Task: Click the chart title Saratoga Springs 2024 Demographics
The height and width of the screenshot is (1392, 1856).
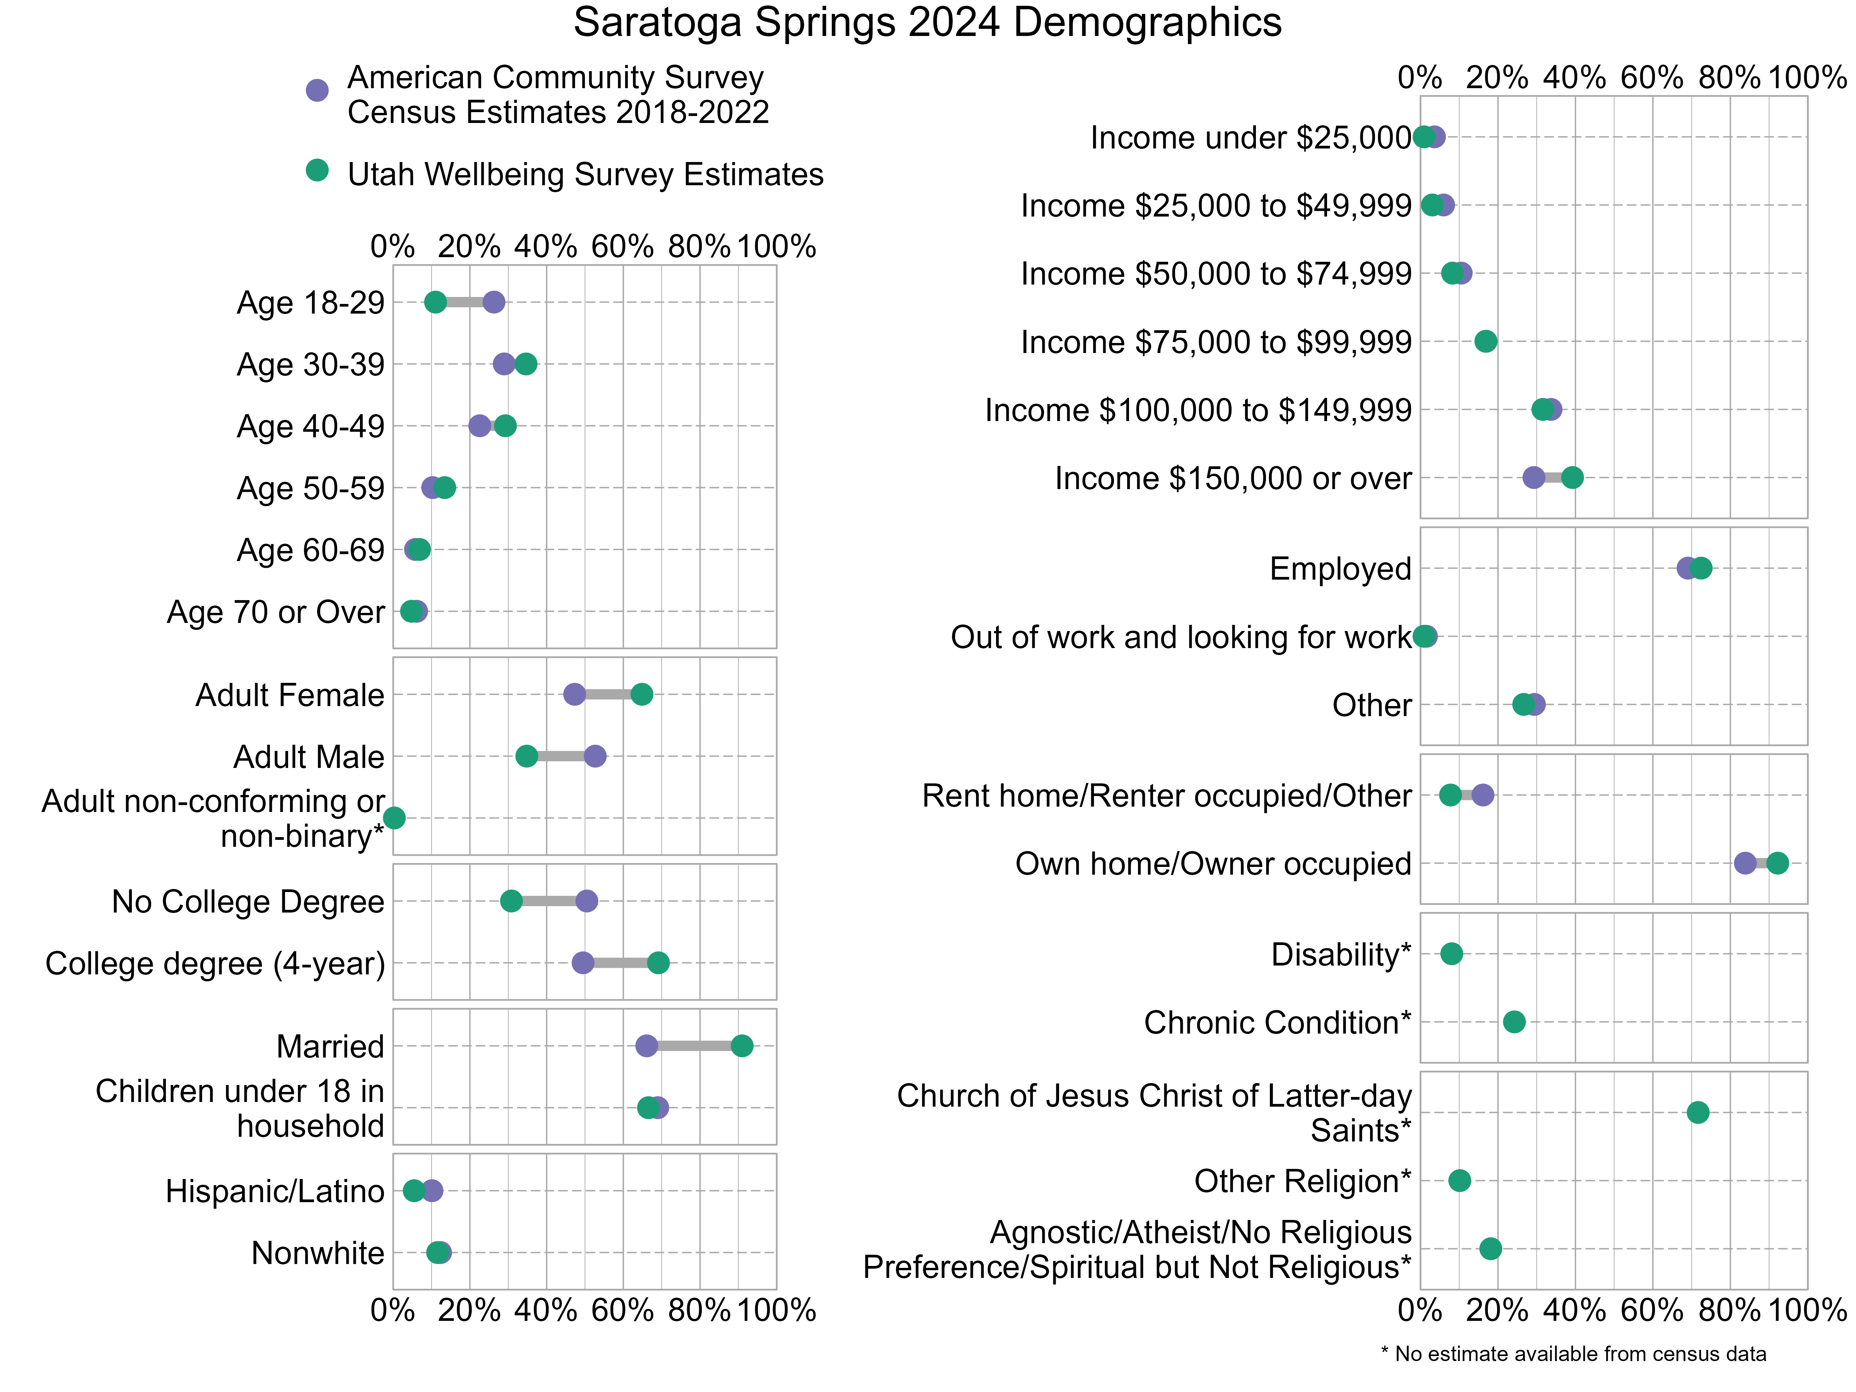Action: coord(927,23)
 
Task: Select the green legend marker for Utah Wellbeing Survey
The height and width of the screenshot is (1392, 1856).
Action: coord(316,171)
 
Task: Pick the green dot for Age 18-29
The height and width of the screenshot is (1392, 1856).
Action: coord(435,302)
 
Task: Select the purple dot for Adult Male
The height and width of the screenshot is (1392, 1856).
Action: coord(595,756)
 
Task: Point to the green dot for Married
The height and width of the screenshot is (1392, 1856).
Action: coord(742,1046)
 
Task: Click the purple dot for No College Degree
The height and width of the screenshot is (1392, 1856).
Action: coord(587,901)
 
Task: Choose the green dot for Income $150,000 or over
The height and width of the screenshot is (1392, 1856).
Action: coord(1573,478)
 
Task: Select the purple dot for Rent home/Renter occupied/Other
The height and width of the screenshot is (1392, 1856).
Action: coord(1482,795)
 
